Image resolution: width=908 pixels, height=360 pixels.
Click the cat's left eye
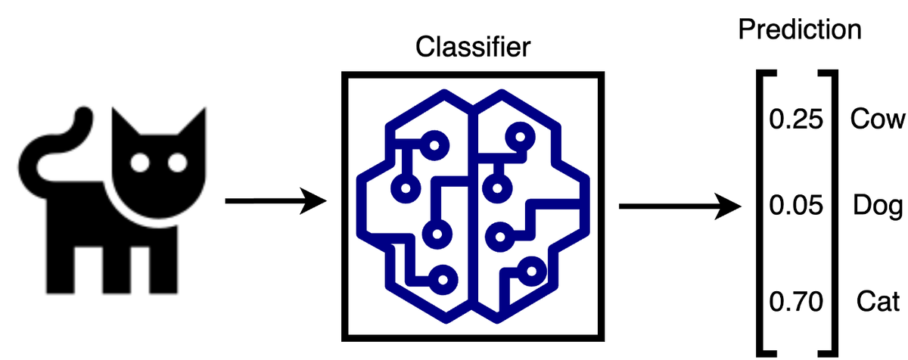tap(139, 161)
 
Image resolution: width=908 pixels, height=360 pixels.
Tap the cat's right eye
tap(177, 161)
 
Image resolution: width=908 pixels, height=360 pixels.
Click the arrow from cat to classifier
tap(275, 202)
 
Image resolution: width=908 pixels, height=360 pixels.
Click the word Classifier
tap(474, 48)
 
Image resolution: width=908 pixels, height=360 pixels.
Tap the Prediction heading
tap(800, 29)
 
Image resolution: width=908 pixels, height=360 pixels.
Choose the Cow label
tap(877, 119)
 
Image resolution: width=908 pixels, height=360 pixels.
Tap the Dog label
tap(878, 206)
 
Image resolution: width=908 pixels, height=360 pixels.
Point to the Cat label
tap(878, 303)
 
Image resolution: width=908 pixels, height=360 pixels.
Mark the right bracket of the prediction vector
tap(830, 212)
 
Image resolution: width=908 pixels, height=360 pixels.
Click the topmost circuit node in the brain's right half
tap(520, 137)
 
